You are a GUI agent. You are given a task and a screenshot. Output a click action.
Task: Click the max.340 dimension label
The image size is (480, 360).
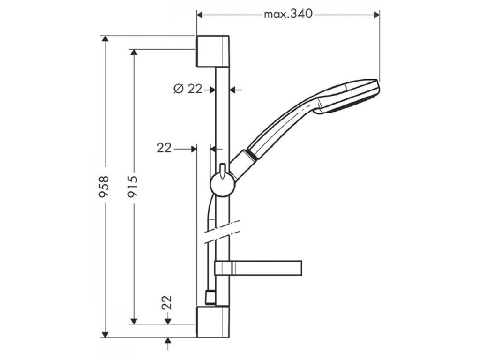click(x=287, y=15)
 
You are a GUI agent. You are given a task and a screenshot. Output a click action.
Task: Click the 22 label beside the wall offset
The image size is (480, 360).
click(x=164, y=148)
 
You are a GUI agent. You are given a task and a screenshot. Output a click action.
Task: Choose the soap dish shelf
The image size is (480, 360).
click(x=262, y=268)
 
